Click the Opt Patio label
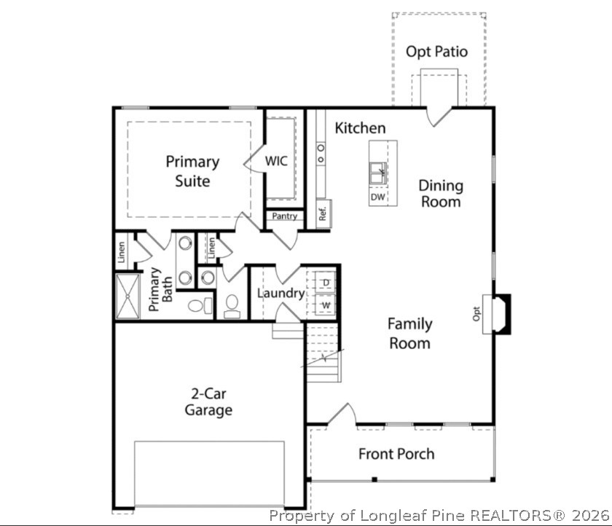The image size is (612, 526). [x=436, y=52]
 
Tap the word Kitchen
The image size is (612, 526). [x=360, y=128]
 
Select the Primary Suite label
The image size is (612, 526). [x=192, y=171]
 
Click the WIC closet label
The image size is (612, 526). [x=276, y=161]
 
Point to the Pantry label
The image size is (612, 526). [x=284, y=216]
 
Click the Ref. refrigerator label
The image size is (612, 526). [x=322, y=214]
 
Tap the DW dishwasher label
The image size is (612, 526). [x=377, y=197]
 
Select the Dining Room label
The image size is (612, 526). [x=440, y=194]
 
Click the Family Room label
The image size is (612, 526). [x=409, y=334]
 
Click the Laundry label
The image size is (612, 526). [x=280, y=294]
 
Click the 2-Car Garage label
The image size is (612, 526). [x=208, y=401]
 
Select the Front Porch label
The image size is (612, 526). [x=396, y=454]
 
